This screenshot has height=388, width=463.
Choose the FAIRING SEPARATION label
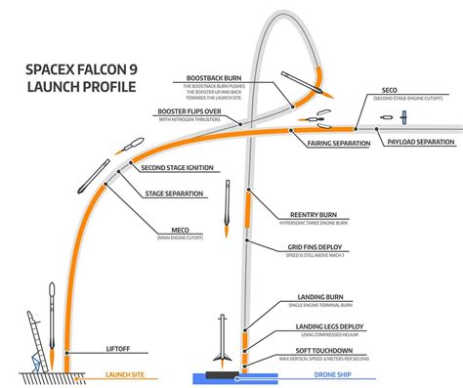click(338, 144)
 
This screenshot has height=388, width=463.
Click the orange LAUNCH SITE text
click(126, 373)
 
